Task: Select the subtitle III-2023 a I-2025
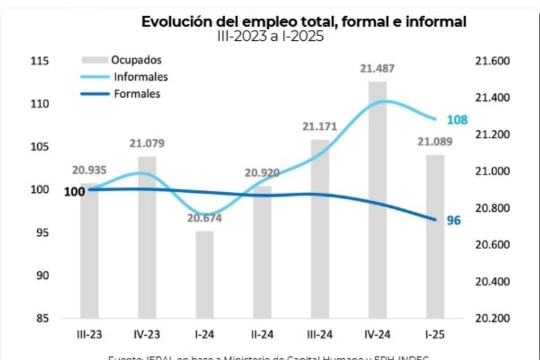pyautogui.click(x=270, y=37)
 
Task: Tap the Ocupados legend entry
pyautogui.click(x=136, y=60)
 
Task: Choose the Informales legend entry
pyautogui.click(x=140, y=78)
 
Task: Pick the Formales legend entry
pyautogui.click(x=137, y=94)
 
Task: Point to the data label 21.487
pyautogui.click(x=377, y=69)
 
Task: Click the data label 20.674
pyautogui.click(x=204, y=218)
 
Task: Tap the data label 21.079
pyautogui.click(x=146, y=144)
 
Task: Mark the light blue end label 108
pyautogui.click(x=457, y=120)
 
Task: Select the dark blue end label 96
pyautogui.click(x=454, y=220)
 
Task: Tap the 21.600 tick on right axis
pyautogui.click(x=492, y=61)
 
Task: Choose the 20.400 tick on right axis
pyautogui.click(x=492, y=282)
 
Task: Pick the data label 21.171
pyautogui.click(x=320, y=127)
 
